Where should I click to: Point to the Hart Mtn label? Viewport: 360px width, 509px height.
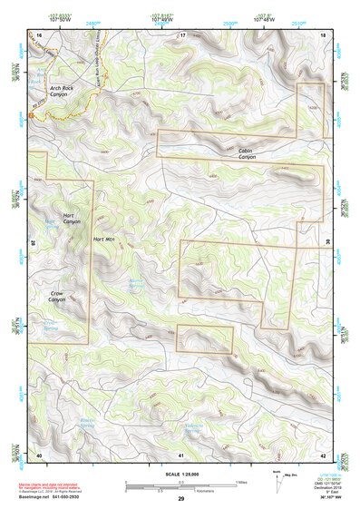106,240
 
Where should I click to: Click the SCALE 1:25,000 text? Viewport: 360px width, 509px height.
181,475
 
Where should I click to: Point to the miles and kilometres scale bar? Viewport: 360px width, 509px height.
181,485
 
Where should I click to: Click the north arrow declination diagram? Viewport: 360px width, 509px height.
277,480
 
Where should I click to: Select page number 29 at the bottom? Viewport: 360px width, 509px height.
181,499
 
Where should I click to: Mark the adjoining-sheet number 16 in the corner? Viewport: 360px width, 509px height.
39,34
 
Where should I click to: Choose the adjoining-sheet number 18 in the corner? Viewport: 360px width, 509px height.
324,34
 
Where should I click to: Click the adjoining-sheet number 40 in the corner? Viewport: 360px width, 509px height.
39,454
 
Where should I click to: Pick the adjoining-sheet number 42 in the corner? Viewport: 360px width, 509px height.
324,454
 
